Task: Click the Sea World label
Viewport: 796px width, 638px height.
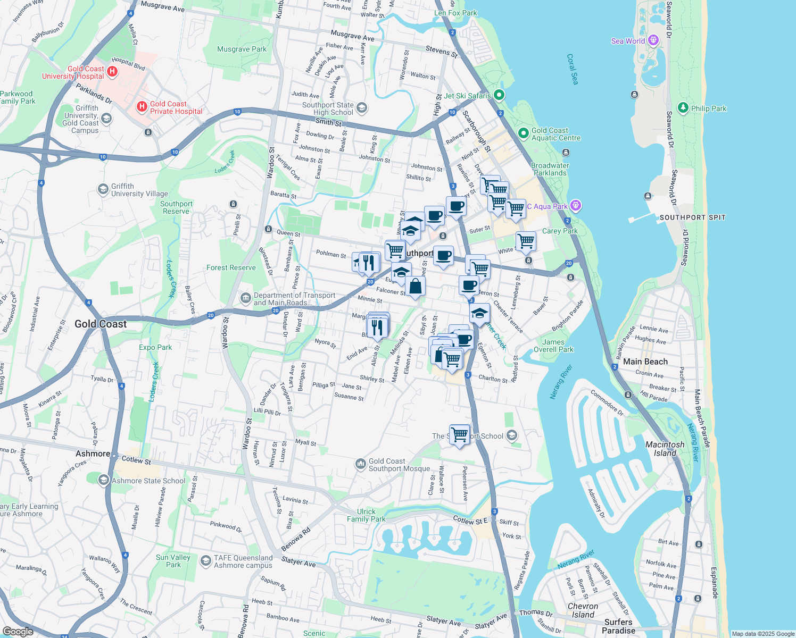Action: [x=628, y=41]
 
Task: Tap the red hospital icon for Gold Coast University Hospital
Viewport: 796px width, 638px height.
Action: [x=112, y=71]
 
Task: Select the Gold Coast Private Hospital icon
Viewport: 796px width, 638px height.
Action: [x=142, y=107]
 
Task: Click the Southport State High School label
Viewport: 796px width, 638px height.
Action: [x=328, y=108]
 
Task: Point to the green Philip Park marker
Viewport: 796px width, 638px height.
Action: [x=683, y=108]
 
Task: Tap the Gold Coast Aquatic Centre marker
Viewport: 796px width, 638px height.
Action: [x=523, y=132]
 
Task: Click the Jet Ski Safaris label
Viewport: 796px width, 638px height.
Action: [x=467, y=96]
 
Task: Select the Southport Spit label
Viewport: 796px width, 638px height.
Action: [x=692, y=217]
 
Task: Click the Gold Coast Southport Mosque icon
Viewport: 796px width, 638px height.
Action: [x=360, y=464]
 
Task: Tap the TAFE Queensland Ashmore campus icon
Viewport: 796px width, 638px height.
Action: [x=205, y=561]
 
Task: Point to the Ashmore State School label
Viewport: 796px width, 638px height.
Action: [x=148, y=481]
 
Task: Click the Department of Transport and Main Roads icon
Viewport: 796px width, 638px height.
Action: [x=245, y=297]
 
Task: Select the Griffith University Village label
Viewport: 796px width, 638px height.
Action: [x=139, y=190]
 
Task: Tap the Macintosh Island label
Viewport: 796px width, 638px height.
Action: [x=665, y=449]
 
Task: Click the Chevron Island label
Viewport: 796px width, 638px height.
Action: [x=583, y=610]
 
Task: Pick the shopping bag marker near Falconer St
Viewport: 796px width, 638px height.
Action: [x=416, y=286]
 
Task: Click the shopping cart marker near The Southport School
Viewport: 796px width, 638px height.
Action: [x=460, y=434]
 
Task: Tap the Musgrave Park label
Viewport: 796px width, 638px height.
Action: [x=242, y=49]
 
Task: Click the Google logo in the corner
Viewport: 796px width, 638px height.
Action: [x=18, y=631]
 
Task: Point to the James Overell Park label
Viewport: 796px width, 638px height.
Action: [x=553, y=346]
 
